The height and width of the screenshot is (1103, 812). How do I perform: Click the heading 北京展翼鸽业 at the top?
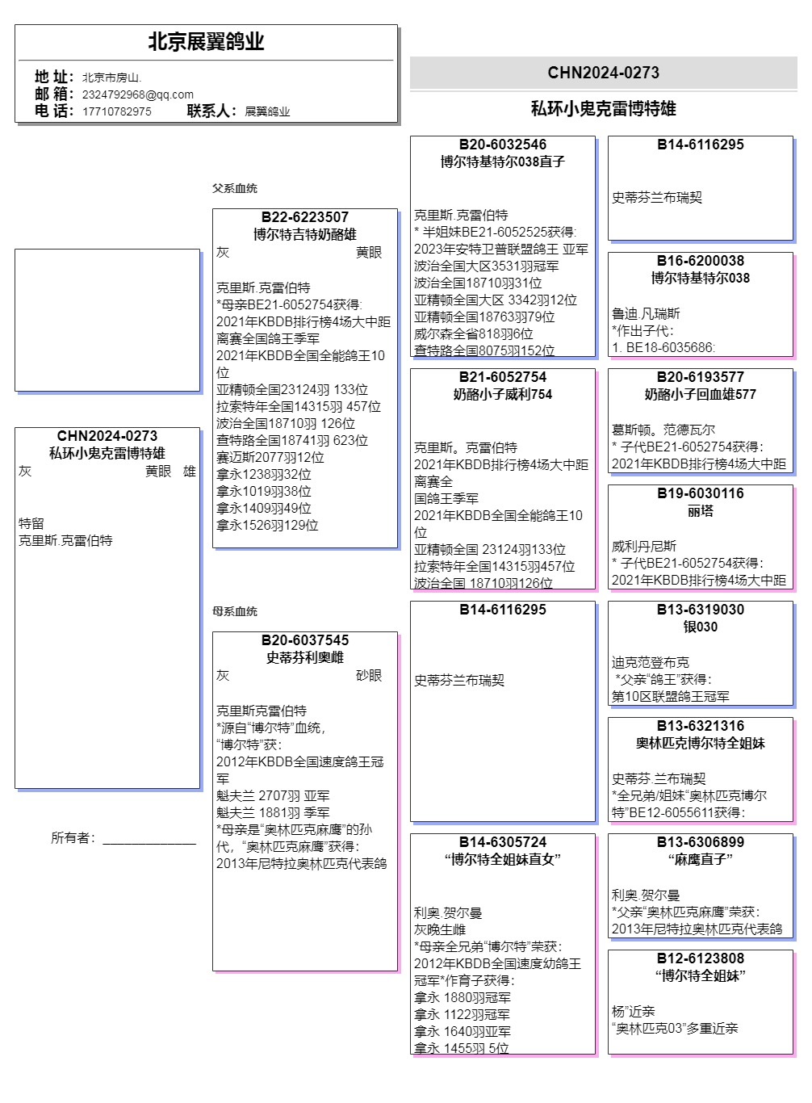point(206,42)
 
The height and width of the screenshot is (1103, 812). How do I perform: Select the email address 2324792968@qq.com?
point(137,94)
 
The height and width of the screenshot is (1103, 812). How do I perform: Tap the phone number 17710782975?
point(116,111)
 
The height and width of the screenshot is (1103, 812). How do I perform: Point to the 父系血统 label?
point(235,188)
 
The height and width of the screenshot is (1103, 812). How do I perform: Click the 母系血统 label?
point(235,611)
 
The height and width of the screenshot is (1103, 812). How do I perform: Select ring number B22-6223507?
point(305,217)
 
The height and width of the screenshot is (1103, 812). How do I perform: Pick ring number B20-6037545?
point(305,640)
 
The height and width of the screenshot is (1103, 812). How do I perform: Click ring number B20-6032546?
point(503,145)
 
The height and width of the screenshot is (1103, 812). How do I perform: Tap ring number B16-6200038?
point(701,261)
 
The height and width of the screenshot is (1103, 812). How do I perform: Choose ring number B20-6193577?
point(701,377)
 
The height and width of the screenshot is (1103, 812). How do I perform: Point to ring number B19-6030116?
point(701,493)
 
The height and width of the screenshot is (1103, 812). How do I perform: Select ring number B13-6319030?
point(701,610)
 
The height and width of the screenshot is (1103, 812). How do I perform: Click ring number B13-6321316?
point(701,726)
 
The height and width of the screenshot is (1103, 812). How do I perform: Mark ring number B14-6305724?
point(503,842)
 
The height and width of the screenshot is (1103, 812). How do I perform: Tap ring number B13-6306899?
point(701,842)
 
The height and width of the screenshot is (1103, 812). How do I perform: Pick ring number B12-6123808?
point(701,958)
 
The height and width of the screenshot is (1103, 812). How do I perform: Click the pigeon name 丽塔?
point(701,511)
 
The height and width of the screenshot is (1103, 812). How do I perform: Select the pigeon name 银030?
point(701,627)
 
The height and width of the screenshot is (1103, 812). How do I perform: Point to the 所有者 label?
point(73,838)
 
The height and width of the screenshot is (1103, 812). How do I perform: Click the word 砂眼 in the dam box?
point(369,675)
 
